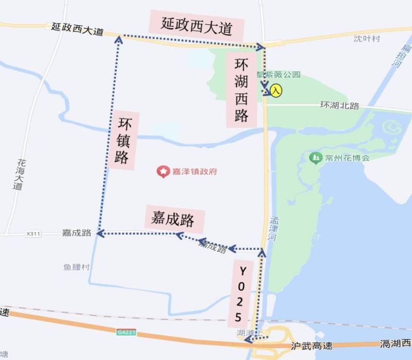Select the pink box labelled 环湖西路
[x=242, y=90]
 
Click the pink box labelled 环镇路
[x=123, y=140]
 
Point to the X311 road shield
[x=32, y=234]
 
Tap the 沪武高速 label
[x=312, y=346]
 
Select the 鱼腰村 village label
[x=77, y=267]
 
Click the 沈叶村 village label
[x=366, y=39]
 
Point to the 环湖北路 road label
[x=339, y=106]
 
